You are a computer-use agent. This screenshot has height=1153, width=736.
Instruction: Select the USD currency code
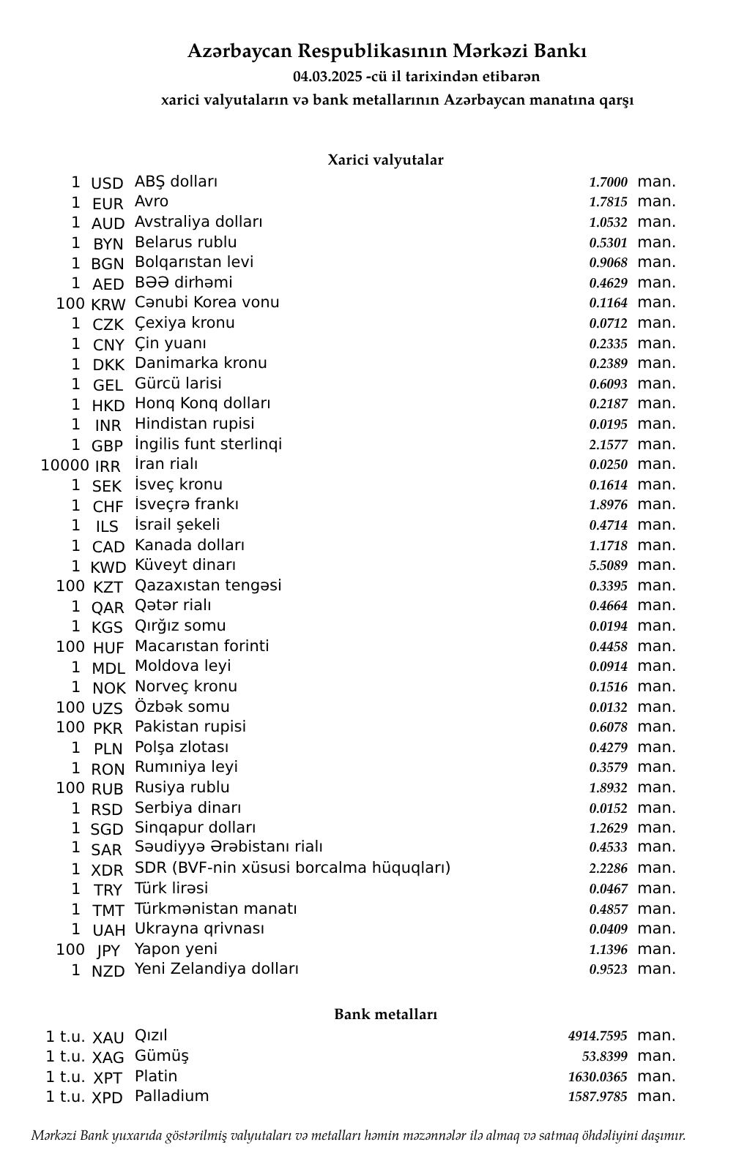pyautogui.click(x=107, y=184)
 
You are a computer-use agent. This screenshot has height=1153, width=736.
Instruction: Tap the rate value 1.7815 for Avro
pyautogui.click(x=608, y=203)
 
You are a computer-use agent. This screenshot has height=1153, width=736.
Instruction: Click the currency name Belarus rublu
pyautogui.click(x=186, y=242)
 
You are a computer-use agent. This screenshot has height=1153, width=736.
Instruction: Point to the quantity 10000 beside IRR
pyautogui.click(x=65, y=465)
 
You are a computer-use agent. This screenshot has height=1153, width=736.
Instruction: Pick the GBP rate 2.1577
pyautogui.click(x=608, y=445)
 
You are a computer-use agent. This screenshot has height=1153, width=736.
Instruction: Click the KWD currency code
pyautogui.click(x=108, y=567)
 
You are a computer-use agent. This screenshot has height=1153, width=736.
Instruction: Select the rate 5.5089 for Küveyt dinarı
pyautogui.click(x=608, y=566)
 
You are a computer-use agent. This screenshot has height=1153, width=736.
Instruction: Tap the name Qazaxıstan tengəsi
pyautogui.click(x=208, y=585)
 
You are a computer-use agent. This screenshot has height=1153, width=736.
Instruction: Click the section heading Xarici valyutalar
pyautogui.click(x=385, y=160)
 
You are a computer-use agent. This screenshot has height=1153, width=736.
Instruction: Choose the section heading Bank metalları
pyautogui.click(x=385, y=1015)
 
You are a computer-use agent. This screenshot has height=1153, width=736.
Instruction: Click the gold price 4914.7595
pyautogui.click(x=598, y=1036)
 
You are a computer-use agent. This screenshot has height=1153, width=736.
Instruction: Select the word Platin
pyautogui.click(x=156, y=1076)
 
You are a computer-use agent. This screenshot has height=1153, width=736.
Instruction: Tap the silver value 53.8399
pyautogui.click(x=604, y=1056)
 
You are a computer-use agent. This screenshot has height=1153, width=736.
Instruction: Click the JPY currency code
pyautogui.click(x=108, y=950)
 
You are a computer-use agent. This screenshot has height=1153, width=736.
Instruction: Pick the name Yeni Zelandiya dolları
pyautogui.click(x=217, y=969)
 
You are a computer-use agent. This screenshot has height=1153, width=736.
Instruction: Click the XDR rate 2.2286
pyautogui.click(x=608, y=868)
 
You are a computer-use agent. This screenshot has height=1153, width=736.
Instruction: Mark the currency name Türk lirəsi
pyautogui.click(x=171, y=888)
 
